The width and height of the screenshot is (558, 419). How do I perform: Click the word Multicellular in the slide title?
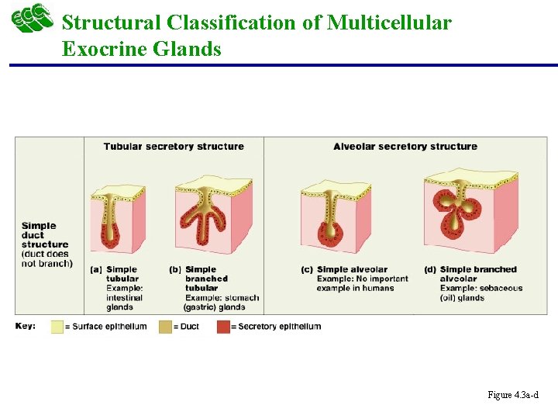point(388,23)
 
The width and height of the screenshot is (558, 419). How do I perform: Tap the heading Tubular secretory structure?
point(174,146)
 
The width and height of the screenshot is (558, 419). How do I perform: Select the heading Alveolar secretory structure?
point(405,146)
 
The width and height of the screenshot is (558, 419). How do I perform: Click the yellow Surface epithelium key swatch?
point(57,327)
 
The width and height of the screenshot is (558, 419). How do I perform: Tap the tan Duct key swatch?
point(165,327)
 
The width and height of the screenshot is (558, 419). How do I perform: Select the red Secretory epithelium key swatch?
point(224,327)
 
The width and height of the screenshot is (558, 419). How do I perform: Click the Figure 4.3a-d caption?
point(512,396)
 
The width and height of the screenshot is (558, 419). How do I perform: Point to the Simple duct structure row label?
point(46,244)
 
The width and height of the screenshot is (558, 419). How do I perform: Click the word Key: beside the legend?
point(26,326)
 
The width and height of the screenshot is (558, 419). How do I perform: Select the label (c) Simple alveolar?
point(344,269)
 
